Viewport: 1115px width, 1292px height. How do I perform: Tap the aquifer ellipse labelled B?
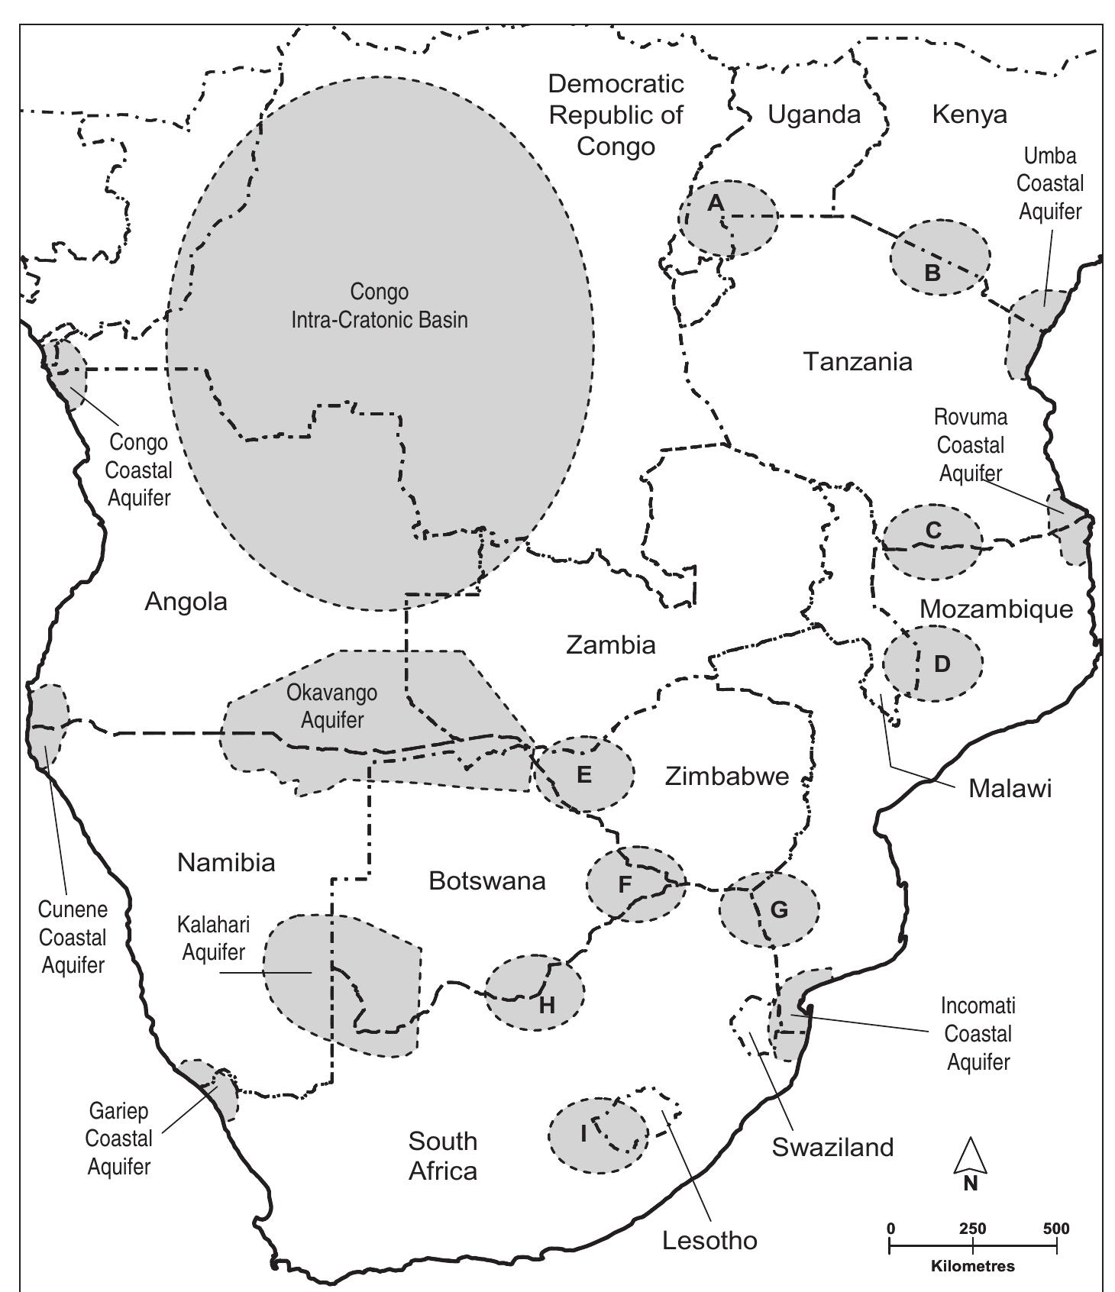pyautogui.click(x=939, y=257)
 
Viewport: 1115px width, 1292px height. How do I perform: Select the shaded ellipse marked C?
pyautogui.click(x=932, y=541)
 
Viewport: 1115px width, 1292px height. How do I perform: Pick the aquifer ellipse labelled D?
pyautogui.click(x=932, y=663)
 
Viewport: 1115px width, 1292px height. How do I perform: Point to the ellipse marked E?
pyautogui.click(x=584, y=774)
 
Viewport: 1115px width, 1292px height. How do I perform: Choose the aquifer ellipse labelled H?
pyautogui.click(x=535, y=992)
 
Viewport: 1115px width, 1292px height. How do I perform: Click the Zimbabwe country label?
pyautogui.click(x=726, y=777)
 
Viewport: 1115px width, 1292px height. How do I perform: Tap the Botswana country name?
pyautogui.click(x=487, y=881)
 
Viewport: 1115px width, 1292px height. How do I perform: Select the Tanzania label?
pyautogui.click(x=858, y=361)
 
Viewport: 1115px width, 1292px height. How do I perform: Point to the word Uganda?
pyautogui.click(x=814, y=115)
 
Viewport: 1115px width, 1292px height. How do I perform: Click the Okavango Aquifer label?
pyautogui.click(x=332, y=706)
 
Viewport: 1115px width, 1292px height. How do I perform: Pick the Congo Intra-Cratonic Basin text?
pyautogui.click(x=380, y=305)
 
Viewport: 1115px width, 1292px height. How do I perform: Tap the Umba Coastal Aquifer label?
pyautogui.click(x=1050, y=183)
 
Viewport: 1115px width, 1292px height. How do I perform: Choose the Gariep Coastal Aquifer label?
pyautogui.click(x=118, y=1139)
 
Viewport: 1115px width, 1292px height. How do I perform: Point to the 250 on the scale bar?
pyautogui.click(x=972, y=1229)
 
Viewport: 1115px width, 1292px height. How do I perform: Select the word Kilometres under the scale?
pyautogui.click(x=973, y=1266)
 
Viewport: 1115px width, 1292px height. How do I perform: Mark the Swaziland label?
pyautogui.click(x=832, y=1147)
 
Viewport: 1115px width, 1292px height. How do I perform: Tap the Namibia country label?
pyautogui.click(x=226, y=863)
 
